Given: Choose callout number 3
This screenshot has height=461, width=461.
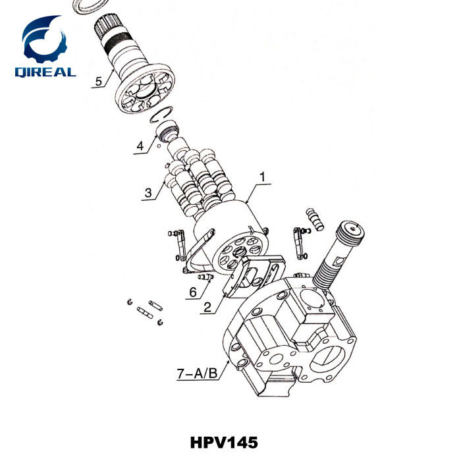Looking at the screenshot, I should tap(149, 193).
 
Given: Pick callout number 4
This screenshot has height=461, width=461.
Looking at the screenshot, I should tap(140, 146).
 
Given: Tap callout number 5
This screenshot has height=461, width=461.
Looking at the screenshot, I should tap(99, 82).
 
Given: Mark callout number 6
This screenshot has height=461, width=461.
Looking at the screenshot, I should tap(192, 290).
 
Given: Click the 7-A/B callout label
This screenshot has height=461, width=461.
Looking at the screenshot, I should tap(197, 374).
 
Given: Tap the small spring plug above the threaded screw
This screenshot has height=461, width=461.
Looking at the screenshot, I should tap(315, 219).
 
